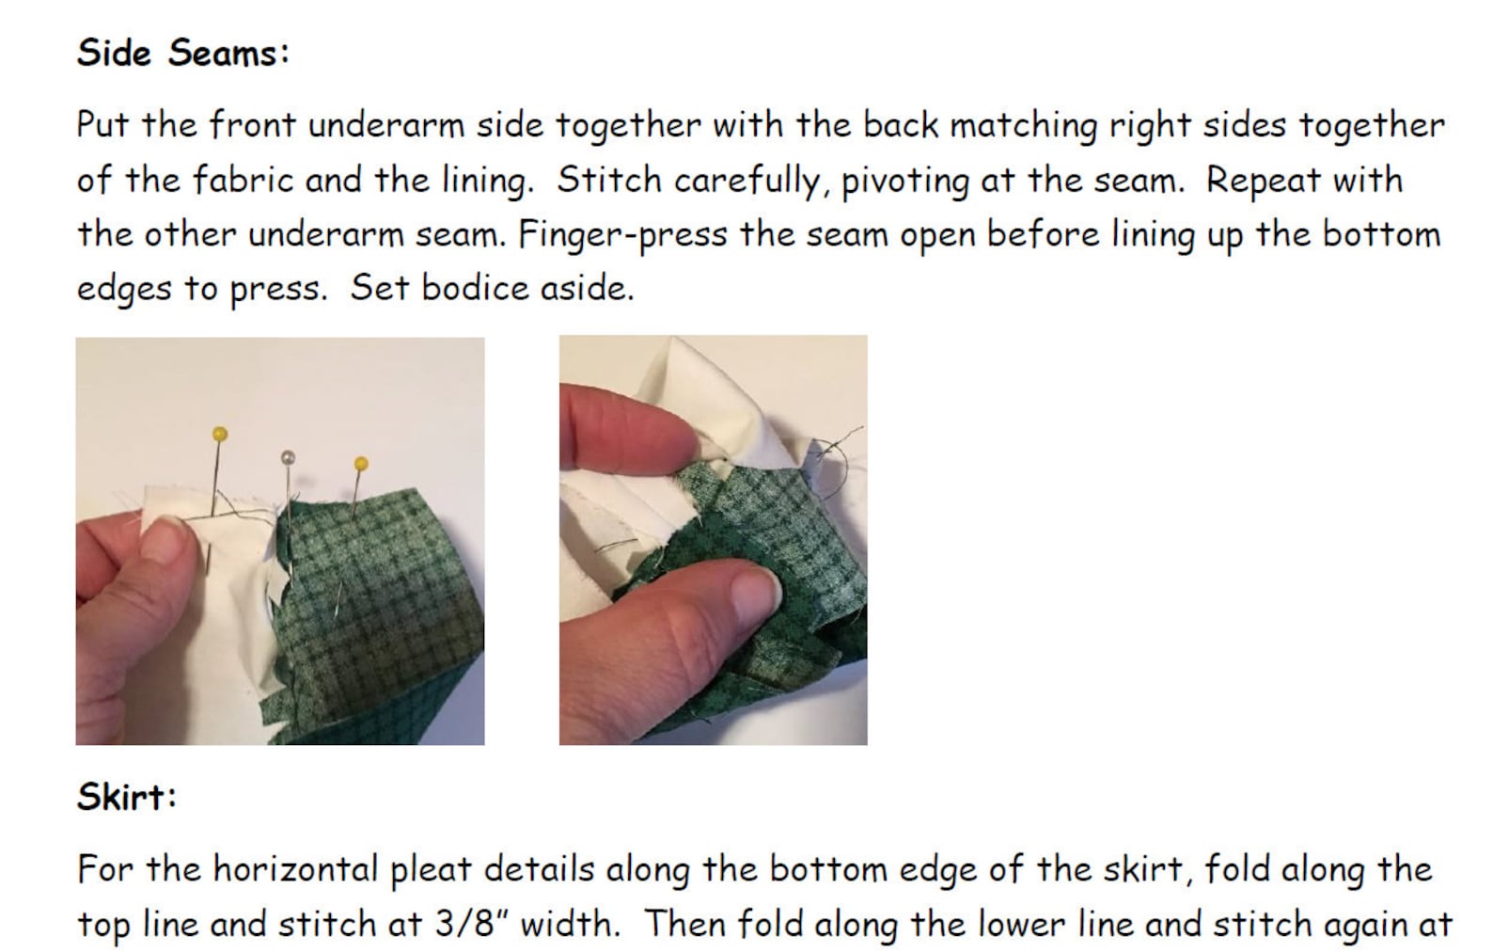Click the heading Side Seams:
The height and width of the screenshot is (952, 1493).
pyautogui.click(x=182, y=53)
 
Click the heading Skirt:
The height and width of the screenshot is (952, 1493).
pyautogui.click(x=126, y=797)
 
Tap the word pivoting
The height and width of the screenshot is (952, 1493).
pyautogui.click(x=904, y=180)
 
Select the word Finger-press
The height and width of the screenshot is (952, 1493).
pyautogui.click(x=621, y=234)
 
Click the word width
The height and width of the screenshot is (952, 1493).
pyautogui.click(x=570, y=924)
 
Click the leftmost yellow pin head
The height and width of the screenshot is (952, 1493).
pyautogui.click(x=219, y=434)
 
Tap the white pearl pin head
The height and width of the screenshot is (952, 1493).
pyautogui.click(x=289, y=457)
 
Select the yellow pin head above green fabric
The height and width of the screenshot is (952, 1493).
pyautogui.click(x=361, y=463)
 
